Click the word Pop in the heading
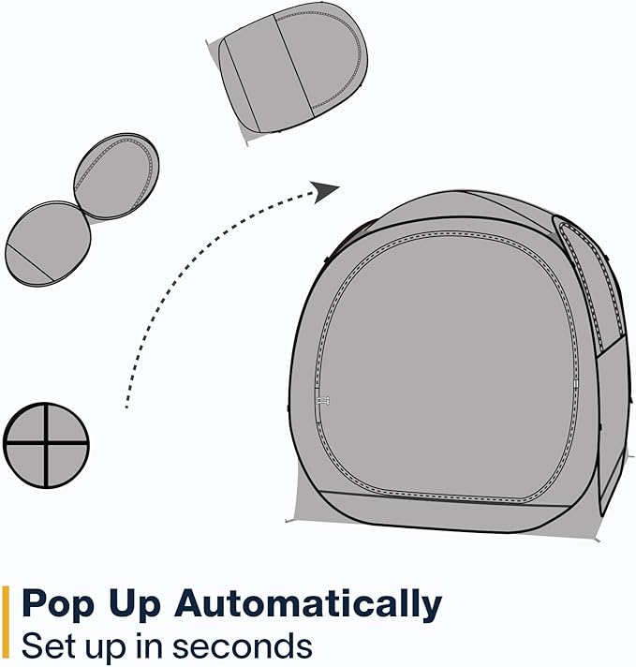point(57,604)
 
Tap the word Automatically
point(308,604)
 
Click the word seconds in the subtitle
point(242,645)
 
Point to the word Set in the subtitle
point(50,645)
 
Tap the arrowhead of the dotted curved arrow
point(325,191)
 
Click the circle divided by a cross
point(46,445)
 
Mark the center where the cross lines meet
point(46,443)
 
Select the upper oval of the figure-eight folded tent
point(116,176)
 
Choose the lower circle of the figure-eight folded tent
point(48,244)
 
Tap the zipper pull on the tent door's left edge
point(323,400)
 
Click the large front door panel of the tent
point(447,366)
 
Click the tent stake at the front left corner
point(288,520)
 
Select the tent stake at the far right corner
point(597,540)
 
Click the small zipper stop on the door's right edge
point(576,384)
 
